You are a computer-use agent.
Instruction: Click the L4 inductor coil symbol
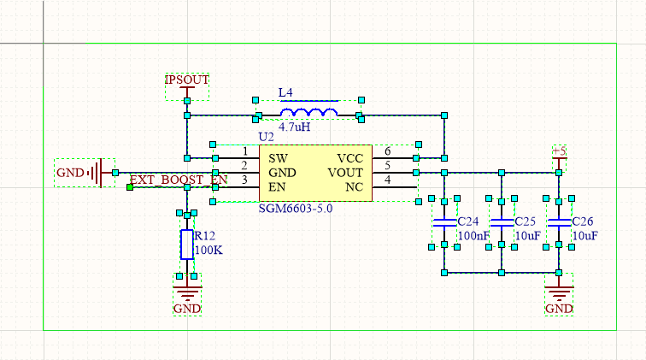(308, 113)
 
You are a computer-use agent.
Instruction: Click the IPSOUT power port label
(186, 80)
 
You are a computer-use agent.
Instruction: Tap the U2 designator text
(266, 137)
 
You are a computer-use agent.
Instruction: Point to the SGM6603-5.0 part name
(295, 208)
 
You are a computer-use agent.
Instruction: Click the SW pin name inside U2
(278, 158)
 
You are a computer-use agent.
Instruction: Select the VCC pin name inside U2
(350, 158)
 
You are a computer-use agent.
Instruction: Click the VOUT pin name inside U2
(346, 173)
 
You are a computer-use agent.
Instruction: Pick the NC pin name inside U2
(355, 187)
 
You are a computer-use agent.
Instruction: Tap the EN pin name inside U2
(278, 187)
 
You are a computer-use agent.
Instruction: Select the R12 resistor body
(186, 245)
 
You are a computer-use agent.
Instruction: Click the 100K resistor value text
(208, 251)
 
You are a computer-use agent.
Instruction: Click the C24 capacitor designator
(469, 221)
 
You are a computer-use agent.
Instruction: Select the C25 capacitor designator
(525, 221)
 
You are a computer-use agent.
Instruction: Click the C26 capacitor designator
(584, 221)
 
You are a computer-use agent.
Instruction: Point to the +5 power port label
(559, 151)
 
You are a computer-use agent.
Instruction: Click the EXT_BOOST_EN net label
(179, 180)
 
